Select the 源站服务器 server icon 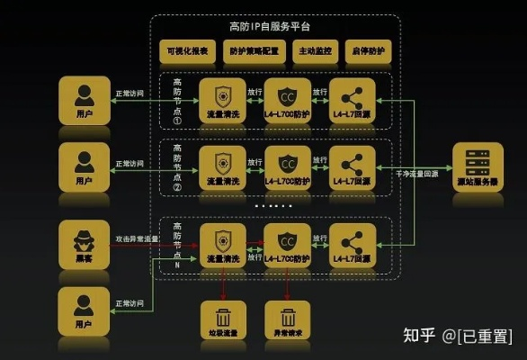tap(478, 166)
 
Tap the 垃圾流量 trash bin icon tap(222, 319)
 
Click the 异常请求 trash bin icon tap(288, 319)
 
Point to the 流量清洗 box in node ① tap(222, 101)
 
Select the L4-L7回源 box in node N tap(353, 244)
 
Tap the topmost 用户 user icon tap(85, 100)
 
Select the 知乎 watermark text tap(419, 336)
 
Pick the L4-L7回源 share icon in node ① tap(353, 94)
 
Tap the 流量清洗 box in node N tap(222, 244)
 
